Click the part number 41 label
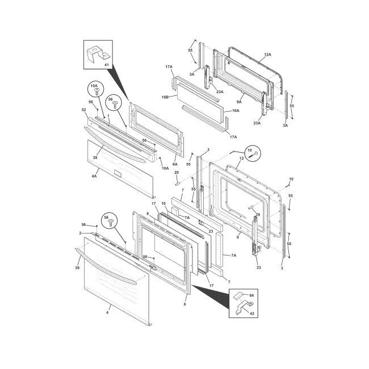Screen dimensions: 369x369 pos(107,65)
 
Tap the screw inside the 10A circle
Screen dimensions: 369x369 pos(96,91)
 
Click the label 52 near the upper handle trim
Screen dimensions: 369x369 pos(84,110)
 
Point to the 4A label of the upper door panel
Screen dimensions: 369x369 pos(94,176)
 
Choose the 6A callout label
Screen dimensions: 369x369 pos(175,164)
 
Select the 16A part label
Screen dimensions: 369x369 pos(236,111)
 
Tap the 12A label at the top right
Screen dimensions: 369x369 pos(267,54)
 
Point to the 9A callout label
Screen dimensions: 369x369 pos(239,102)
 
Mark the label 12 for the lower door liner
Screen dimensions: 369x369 pos(241,158)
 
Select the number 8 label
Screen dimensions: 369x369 pos(148,213)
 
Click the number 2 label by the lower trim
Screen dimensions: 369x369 pos(80,233)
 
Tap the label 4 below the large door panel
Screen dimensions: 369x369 pos(107,313)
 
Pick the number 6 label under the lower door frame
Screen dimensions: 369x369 pos(184,304)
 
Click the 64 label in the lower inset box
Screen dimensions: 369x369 pos(251,295)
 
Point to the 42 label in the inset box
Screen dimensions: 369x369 pos(251,313)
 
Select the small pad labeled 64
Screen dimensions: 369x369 pos(238,296)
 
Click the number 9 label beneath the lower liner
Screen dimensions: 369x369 pos(237,237)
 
